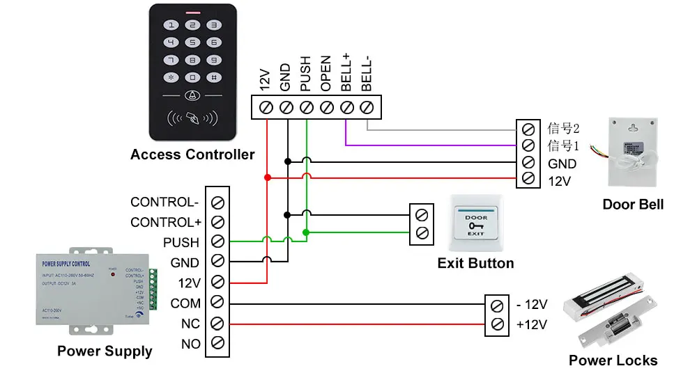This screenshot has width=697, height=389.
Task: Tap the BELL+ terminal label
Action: click(346, 74)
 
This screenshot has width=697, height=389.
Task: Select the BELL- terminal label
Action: click(367, 74)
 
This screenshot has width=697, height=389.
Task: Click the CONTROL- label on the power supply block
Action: click(164, 203)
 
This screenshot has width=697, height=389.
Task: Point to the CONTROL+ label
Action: click(164, 223)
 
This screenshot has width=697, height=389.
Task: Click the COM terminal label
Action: click(185, 303)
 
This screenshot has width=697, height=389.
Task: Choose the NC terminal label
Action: click(190, 324)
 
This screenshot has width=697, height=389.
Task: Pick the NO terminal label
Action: click(190, 344)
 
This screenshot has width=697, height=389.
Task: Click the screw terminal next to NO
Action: click(217, 344)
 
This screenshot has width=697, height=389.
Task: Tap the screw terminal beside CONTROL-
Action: click(217, 203)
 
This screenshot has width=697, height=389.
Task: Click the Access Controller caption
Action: click(192, 154)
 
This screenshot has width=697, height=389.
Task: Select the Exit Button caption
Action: click(475, 264)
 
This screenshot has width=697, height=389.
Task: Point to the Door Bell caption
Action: click(633, 205)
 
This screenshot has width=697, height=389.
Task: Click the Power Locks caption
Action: click(613, 360)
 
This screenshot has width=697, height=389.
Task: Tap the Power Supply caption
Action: click(105, 351)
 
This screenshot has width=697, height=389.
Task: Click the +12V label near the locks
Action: click(532, 324)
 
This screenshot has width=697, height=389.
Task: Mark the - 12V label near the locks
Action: click(532, 305)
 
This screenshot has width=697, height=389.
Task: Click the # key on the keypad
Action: click(214, 77)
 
